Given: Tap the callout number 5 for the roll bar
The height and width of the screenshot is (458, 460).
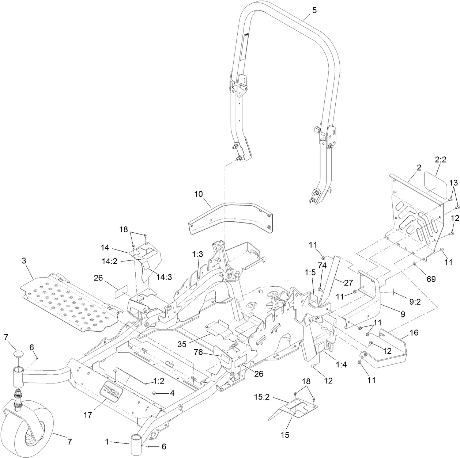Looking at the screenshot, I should (x=314, y=10).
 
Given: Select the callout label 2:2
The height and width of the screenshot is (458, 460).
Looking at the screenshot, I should (x=441, y=160).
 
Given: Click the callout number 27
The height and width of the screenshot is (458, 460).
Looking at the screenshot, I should (x=348, y=282).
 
